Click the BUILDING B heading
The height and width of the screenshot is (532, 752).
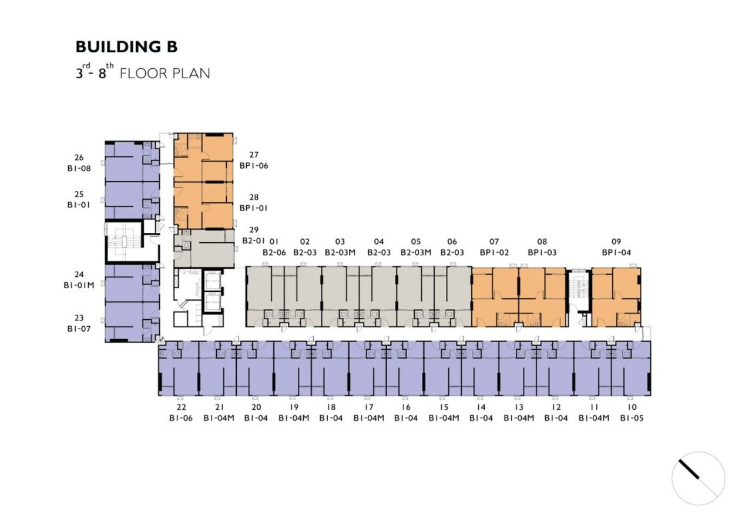[x=126, y=46]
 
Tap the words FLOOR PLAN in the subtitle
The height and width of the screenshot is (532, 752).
[x=165, y=73]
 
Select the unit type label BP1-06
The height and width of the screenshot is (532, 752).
[x=254, y=166]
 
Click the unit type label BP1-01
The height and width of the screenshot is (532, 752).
[x=253, y=208]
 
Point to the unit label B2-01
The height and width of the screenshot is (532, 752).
[x=254, y=241]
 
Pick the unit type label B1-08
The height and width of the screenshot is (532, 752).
[x=79, y=168]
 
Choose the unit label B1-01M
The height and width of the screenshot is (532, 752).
[x=79, y=285]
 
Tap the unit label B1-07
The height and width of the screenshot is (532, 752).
[x=79, y=329]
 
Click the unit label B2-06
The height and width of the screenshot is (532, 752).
[x=274, y=252]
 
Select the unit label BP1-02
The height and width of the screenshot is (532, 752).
[x=494, y=252]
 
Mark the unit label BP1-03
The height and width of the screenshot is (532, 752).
[x=542, y=252]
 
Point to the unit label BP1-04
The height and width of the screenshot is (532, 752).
[x=616, y=252]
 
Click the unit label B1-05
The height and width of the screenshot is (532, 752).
[x=632, y=418]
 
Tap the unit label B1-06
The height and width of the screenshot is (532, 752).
[x=181, y=418]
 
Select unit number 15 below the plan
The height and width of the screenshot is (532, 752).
[x=444, y=407]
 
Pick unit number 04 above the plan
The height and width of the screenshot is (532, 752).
[x=379, y=242]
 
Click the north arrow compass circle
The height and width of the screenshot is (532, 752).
[x=699, y=479]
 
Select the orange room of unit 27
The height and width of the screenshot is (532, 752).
[x=203, y=158]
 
